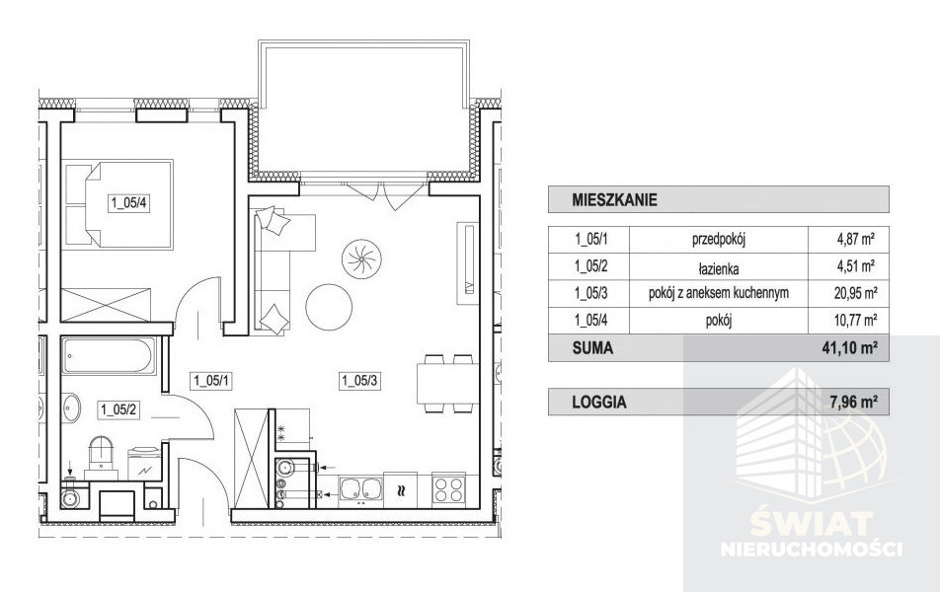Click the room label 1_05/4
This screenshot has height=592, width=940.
128,203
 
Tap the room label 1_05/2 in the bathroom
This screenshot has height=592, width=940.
118,409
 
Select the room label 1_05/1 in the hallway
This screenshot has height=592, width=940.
211,380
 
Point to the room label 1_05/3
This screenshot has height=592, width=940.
359,380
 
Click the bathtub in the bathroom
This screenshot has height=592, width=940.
109,356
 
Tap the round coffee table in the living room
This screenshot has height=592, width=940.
329,307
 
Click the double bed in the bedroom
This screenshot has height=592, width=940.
118,204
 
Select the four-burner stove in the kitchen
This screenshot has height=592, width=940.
449,489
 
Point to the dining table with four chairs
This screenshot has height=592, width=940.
448,384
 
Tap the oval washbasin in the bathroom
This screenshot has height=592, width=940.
71,407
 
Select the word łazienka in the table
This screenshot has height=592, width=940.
718,269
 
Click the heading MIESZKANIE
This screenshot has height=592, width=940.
614,199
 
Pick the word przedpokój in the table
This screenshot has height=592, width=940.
718,240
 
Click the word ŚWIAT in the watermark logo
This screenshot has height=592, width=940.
811,524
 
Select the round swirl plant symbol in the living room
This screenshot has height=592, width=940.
361,259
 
